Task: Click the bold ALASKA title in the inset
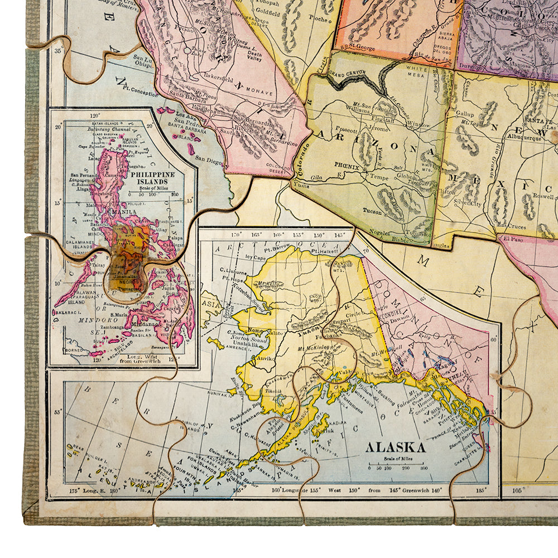click(395, 447)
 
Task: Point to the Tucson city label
click(372, 211)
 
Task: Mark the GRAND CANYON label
click(349, 73)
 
